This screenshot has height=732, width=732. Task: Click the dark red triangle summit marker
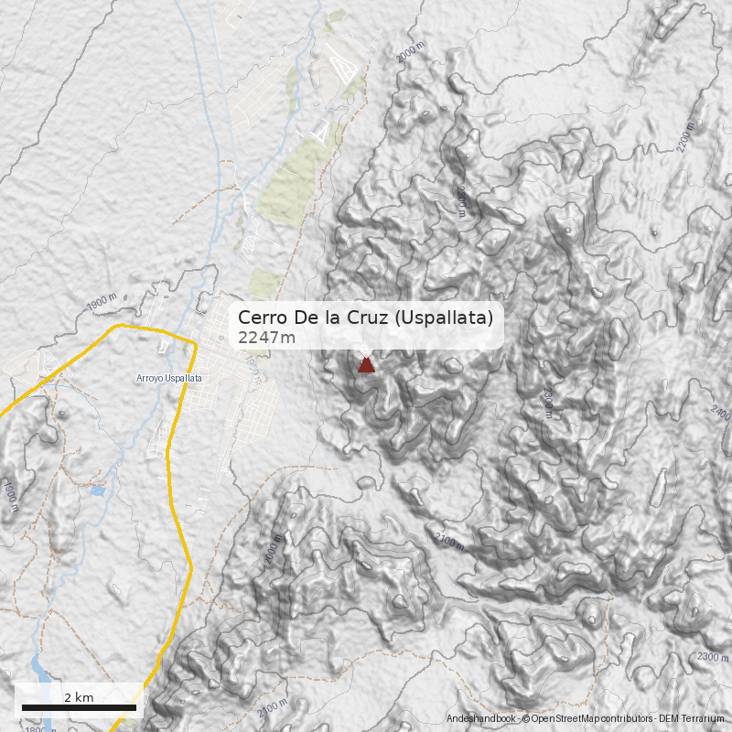(366, 365)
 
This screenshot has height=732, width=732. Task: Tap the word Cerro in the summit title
(260, 318)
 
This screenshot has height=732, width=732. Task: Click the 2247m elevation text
(266, 339)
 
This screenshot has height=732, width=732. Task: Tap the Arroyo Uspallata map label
(168, 378)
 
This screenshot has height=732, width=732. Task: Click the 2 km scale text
(79, 697)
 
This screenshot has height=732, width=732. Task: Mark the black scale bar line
(79, 707)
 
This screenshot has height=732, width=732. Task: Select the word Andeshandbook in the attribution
(480, 719)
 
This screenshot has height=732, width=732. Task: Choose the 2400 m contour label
(720, 411)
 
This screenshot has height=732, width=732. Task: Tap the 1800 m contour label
(39, 728)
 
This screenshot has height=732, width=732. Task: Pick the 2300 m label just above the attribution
(712, 657)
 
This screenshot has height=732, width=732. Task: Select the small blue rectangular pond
(98, 491)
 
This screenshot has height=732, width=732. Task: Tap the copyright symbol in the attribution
(526, 719)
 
